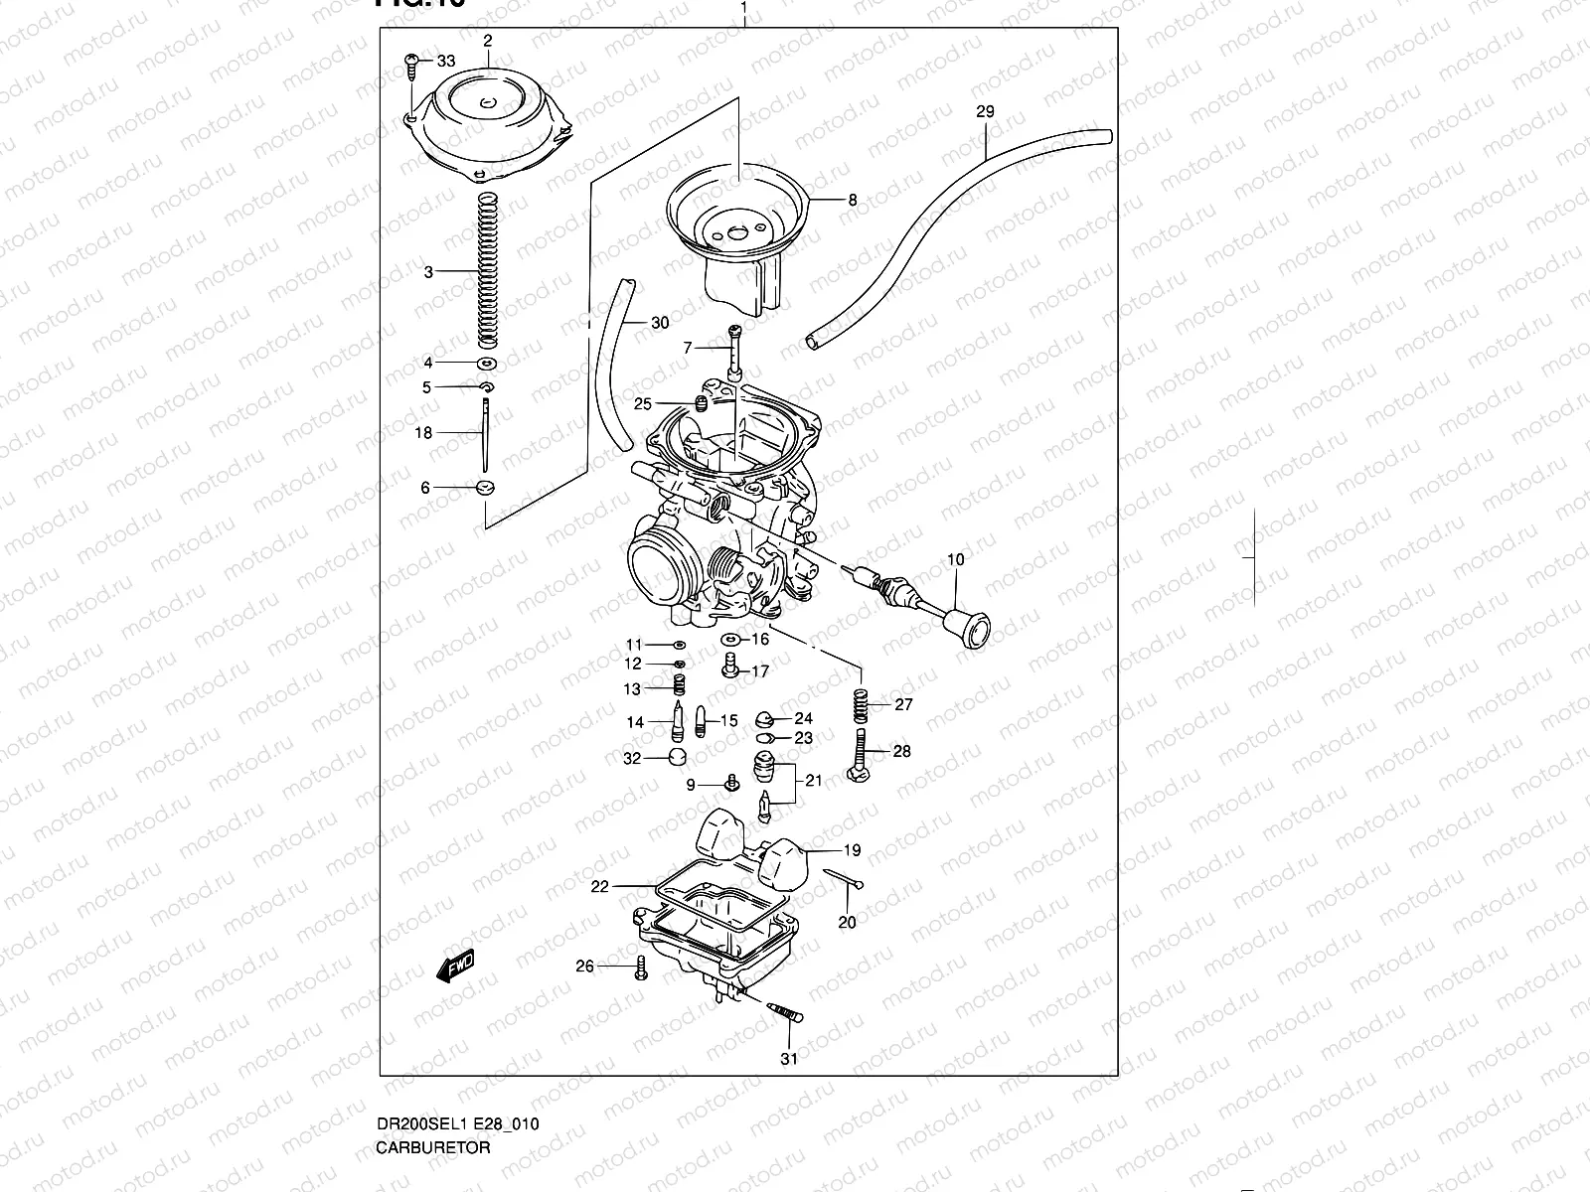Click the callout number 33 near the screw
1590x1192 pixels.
[445, 62]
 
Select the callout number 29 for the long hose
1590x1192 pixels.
[984, 112]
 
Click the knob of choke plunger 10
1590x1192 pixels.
[970, 628]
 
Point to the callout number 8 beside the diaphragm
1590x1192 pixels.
[852, 200]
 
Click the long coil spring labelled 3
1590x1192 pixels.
[487, 270]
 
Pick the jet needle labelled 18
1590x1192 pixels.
[485, 434]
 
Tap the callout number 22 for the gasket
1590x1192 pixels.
[598, 887]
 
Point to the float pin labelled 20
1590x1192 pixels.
[843, 878]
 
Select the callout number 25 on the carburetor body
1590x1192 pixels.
[643, 403]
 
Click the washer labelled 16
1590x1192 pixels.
[730, 641]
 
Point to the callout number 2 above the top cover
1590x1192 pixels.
[488, 41]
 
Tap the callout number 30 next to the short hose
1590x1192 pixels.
[660, 323]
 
